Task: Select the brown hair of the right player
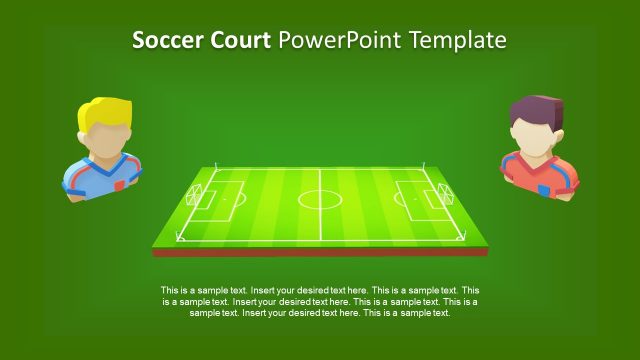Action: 536,111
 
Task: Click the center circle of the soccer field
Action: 320,197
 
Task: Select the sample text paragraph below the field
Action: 320,301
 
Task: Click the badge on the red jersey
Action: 544,189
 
